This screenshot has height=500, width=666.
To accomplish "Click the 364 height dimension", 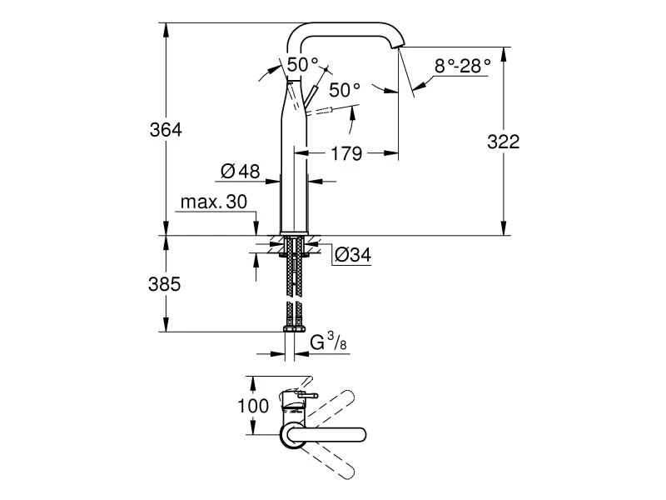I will (x=166, y=130).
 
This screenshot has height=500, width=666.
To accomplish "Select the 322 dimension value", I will (x=502, y=142).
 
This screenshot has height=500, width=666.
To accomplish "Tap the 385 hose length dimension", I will (x=166, y=283).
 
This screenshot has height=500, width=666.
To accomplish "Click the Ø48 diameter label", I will (x=241, y=172).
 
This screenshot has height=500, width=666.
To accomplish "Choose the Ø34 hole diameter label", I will (x=352, y=256).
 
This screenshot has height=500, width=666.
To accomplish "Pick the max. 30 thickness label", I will (x=214, y=202).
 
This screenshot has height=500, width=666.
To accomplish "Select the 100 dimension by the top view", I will (x=254, y=407).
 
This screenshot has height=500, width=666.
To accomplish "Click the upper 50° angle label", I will (x=303, y=64).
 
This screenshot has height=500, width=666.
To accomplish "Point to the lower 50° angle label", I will (x=344, y=88).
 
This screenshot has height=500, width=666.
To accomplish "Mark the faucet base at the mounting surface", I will (x=295, y=230).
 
